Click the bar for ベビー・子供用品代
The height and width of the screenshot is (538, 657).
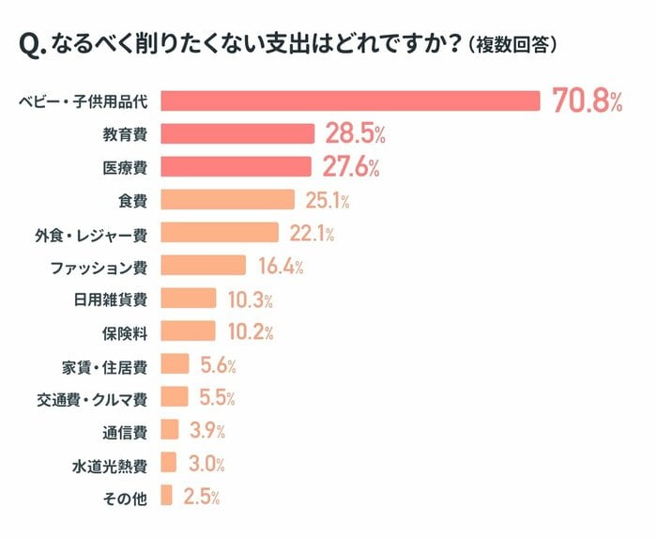(x=350, y=100)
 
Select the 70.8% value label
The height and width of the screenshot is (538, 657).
(x=587, y=101)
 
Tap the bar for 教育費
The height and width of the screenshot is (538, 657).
(x=237, y=133)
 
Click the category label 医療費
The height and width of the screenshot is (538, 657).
(x=124, y=167)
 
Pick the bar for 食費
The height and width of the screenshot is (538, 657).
(x=228, y=199)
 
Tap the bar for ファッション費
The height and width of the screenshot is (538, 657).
(x=204, y=266)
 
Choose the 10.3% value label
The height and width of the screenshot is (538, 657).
(x=250, y=300)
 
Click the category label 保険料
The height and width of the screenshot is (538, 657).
(x=124, y=331)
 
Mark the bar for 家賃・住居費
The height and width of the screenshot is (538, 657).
(x=175, y=364)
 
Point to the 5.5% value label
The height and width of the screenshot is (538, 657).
(x=217, y=397)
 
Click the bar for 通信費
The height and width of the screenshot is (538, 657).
(x=170, y=430)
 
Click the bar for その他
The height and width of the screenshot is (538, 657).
(x=167, y=496)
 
